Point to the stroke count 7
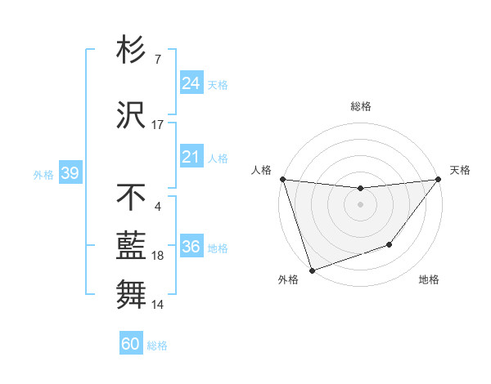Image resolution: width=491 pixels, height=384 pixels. tap(157, 60)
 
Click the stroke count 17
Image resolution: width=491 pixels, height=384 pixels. tap(158, 125)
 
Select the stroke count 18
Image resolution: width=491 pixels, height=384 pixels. tap(158, 256)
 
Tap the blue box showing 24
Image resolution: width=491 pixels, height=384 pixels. tap(191, 83)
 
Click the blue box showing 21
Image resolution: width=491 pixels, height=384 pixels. tap(191, 157)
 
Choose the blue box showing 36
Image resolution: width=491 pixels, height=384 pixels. tap(191, 247)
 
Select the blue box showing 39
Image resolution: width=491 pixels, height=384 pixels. tap(70, 173)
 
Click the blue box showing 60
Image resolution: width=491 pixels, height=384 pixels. tap(131, 344)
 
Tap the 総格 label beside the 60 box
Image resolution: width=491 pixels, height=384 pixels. tap(157, 346)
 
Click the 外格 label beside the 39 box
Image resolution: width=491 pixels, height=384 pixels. tap(43, 174)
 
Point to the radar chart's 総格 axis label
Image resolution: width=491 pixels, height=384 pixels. tap(360, 106)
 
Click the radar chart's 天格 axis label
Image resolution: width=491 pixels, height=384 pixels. tap(461, 170)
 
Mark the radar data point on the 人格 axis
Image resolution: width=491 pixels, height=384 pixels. tap(282, 179)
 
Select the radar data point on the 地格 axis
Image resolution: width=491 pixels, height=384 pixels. tap(390, 244)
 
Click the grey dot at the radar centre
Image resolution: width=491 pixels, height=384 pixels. tap(360, 204)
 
